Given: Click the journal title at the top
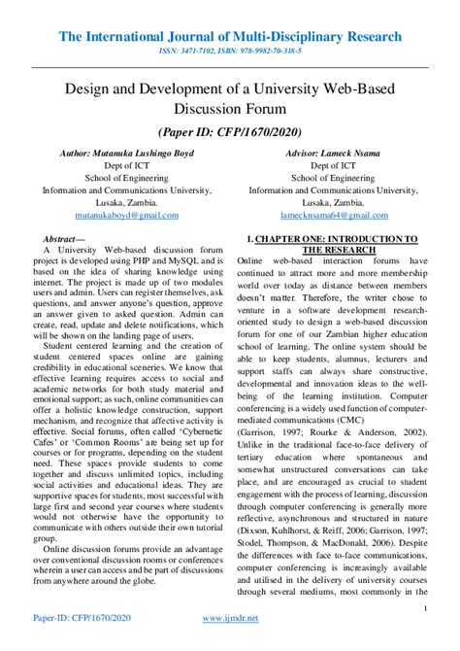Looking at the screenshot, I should [230, 36].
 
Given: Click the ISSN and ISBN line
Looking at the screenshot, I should [230, 52].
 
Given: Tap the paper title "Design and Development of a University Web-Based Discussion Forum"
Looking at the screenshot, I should [230, 97].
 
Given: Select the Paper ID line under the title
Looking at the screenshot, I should [230, 131].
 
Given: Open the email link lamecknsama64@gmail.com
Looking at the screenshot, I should [333, 214].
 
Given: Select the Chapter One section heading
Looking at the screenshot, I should [333, 244].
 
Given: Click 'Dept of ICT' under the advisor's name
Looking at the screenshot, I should [333, 166].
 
